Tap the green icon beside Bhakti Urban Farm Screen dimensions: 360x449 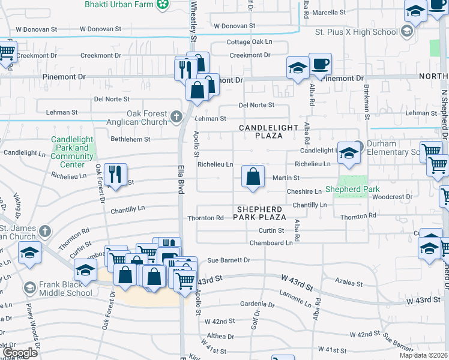[x=161, y=5]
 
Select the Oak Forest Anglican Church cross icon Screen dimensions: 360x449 [x=175, y=116]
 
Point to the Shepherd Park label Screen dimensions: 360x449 [x=353, y=189]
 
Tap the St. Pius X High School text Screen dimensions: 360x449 [x=357, y=31]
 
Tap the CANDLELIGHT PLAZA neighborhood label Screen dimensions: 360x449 [x=269, y=132]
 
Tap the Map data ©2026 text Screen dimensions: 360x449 [x=423, y=355]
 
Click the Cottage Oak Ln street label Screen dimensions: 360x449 [x=249, y=42]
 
